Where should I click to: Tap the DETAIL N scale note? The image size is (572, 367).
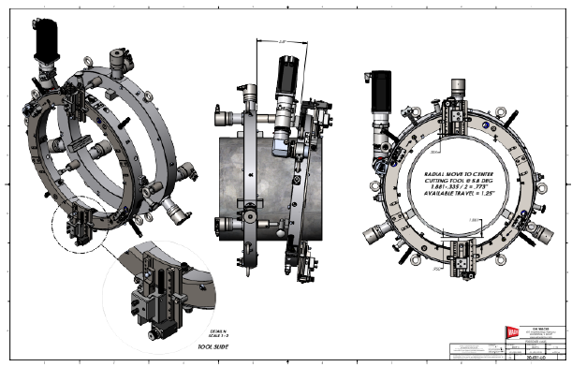211,332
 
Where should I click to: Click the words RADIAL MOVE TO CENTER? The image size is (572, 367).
456,174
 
